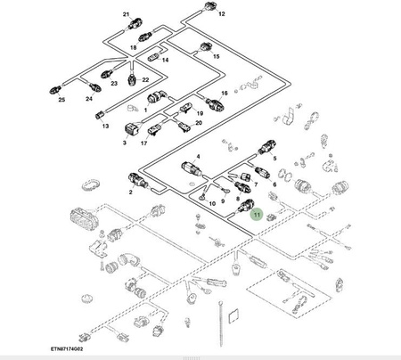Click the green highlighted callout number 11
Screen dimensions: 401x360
pos(257,215)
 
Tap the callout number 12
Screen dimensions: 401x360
pos(222,13)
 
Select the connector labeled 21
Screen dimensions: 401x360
pos(135,23)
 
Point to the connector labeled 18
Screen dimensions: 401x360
pos(145,37)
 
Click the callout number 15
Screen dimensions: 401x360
pos(217,56)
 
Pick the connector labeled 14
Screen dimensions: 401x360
pos(153,56)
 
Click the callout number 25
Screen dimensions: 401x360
pos(61,100)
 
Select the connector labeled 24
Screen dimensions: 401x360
pos(95,87)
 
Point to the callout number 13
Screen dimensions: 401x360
pos(105,126)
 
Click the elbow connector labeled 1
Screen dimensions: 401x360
pos(157,97)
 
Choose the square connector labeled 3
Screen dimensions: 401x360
pos(131,130)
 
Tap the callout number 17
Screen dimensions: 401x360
pos(143,143)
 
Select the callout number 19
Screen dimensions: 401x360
pos(200,113)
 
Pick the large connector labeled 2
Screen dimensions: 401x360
pos(137,181)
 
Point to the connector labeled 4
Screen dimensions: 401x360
pos(192,168)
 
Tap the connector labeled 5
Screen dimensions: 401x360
pos(267,146)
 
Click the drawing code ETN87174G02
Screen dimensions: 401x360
pos(67,348)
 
